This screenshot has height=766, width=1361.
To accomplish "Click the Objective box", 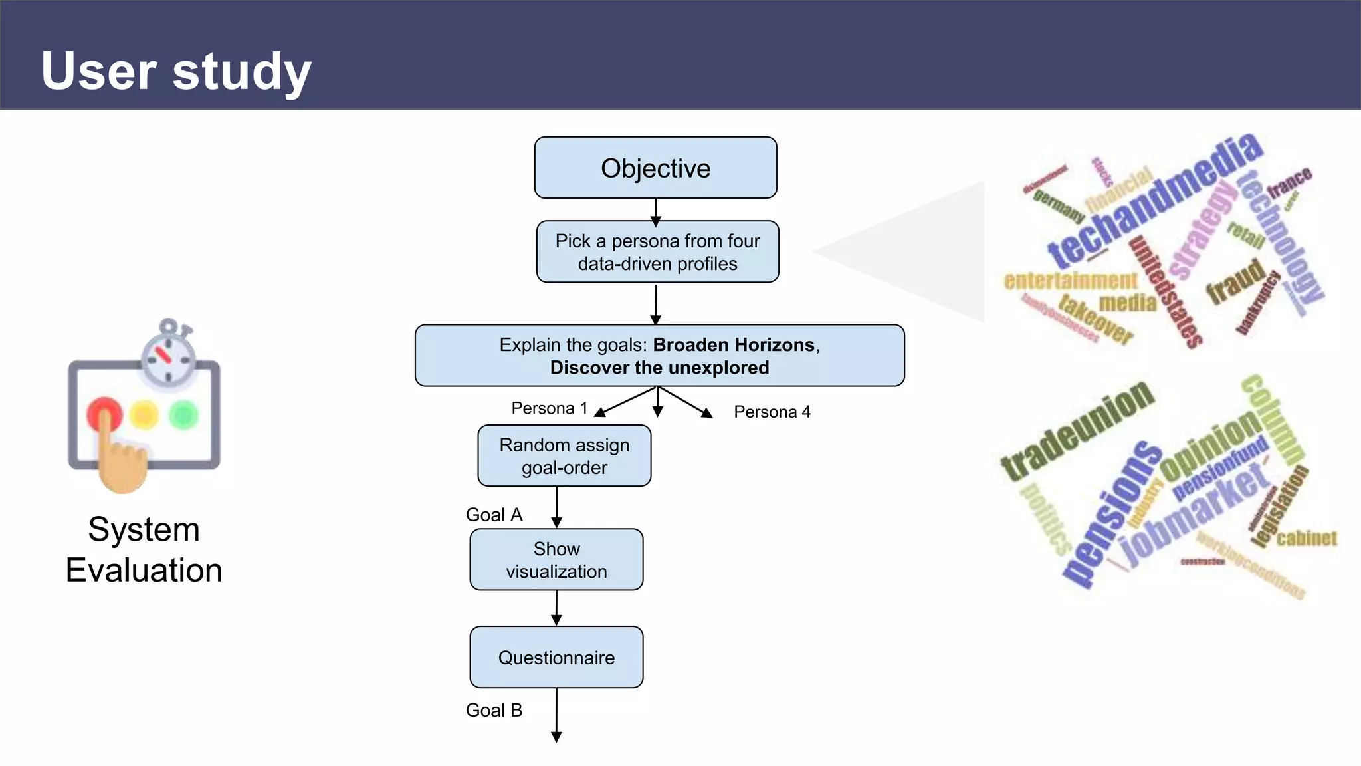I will [x=655, y=168].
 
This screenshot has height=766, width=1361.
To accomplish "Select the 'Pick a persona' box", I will [x=657, y=252].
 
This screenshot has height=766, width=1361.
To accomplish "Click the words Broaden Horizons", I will [x=734, y=345].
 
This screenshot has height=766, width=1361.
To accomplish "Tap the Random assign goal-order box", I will [x=564, y=456].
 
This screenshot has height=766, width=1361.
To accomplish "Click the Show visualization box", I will [x=556, y=560].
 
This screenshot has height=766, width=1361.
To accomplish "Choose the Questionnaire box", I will [x=556, y=658].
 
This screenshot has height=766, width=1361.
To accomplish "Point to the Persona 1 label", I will [x=549, y=408].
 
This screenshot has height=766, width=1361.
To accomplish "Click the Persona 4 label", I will [x=772, y=412].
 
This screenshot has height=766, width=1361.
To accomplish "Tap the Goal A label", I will [x=494, y=515].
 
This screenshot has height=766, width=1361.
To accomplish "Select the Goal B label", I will [x=494, y=710].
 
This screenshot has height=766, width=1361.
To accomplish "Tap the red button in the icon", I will [x=104, y=414].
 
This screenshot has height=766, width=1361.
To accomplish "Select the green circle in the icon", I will [x=183, y=415].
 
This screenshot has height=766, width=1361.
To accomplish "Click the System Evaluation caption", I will [x=144, y=550].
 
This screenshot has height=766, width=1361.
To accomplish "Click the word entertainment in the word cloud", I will [x=1070, y=281].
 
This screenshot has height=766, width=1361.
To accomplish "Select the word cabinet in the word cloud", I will [x=1306, y=537].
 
